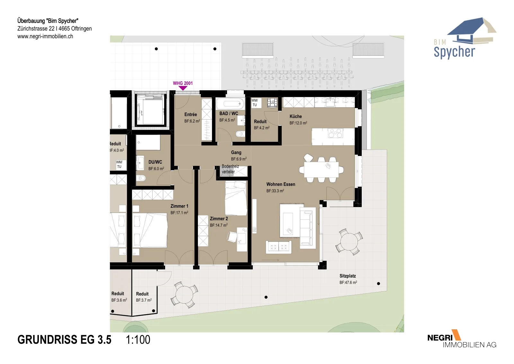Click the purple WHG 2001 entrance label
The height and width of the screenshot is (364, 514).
pos(183,83)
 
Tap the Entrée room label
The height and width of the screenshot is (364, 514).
pos(191,114)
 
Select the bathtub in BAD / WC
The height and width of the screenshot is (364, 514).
pos(231,104)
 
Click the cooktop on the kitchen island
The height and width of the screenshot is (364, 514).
pos(336,133)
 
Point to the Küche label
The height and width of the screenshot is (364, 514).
pos(296,116)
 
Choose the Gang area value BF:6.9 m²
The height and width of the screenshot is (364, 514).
pos(239,159)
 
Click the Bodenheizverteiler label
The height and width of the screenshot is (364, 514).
pos(230,169)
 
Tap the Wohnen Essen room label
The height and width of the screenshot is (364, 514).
pos(281,184)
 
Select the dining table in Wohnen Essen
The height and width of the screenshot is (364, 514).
pos(321,169)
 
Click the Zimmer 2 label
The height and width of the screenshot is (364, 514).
pos(219,219)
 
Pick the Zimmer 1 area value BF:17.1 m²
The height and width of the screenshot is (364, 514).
pos(179,213)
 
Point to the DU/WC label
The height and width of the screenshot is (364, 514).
pos(155,162)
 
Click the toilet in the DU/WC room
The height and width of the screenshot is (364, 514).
pos(141,178)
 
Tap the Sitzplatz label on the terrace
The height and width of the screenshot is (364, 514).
pos(348,276)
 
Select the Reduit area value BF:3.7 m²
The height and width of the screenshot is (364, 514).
pos(144,300)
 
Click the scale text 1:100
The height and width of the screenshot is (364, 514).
pos(138,340)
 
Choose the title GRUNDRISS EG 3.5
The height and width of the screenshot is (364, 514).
pos(64,340)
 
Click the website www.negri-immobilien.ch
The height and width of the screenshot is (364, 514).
pos(45,36)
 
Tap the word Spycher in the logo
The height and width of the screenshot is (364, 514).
pos(454,52)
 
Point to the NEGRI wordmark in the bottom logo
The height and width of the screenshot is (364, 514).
pos(440,338)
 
